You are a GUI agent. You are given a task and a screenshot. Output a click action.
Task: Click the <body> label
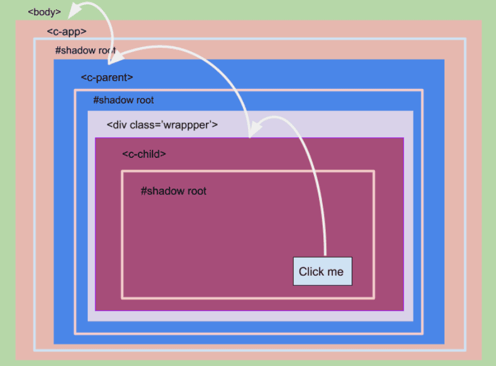click(45, 12)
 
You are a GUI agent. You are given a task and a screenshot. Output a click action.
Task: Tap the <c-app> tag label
click(67, 31)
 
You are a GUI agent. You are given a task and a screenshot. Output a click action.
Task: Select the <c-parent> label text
click(107, 78)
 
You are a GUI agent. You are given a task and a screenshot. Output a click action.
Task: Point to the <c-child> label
click(144, 154)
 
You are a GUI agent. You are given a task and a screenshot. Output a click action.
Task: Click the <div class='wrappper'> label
click(162, 125)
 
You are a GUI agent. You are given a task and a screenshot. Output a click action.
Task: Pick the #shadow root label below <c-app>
click(85, 51)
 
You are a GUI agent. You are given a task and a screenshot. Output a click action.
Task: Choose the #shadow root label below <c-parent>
click(123, 100)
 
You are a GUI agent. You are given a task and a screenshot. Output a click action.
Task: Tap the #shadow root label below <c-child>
click(173, 191)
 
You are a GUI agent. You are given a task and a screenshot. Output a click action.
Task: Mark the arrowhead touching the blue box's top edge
click(116, 58)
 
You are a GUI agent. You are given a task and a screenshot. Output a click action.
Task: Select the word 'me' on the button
click(335, 272)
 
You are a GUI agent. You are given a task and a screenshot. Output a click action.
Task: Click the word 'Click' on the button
click(311, 271)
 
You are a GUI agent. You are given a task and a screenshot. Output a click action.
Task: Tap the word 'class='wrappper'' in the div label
click(174, 125)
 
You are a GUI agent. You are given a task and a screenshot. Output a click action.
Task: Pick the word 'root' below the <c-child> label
click(197, 191)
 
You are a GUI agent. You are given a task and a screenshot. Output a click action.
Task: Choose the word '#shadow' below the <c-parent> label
click(113, 100)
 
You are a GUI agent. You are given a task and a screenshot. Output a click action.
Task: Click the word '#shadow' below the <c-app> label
click(75, 51)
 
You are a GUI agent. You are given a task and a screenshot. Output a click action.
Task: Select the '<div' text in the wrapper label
click(117, 125)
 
